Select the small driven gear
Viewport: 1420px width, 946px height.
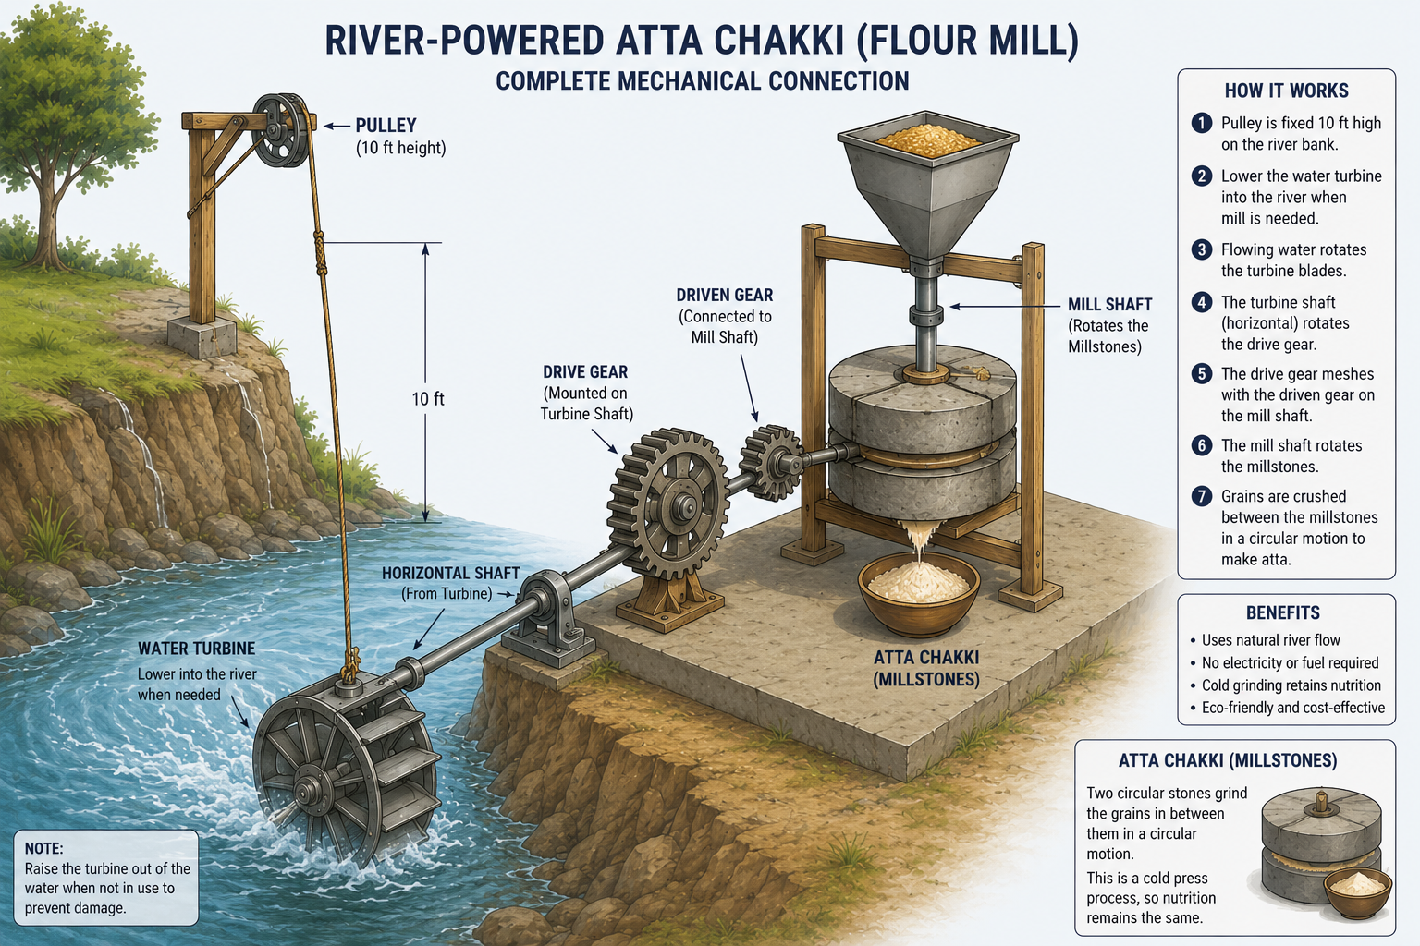coord(771,463)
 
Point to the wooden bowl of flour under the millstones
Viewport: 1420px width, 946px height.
coord(919,593)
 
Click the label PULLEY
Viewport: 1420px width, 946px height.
coord(386,125)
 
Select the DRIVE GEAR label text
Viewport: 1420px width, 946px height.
coord(585,372)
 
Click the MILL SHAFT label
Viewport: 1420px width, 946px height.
coord(1110,305)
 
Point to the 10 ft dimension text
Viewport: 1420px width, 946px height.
coord(428,398)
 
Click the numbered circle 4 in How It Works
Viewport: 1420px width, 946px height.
coord(1201,301)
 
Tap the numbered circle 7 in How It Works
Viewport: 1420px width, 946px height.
coord(1201,495)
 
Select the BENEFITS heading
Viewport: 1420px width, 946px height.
coord(1283,612)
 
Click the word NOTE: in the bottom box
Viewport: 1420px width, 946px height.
coord(43,848)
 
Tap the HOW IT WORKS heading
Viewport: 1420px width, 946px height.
coord(1286,91)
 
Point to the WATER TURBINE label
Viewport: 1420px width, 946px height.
coord(197,649)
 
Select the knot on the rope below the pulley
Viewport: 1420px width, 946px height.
coord(320,252)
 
